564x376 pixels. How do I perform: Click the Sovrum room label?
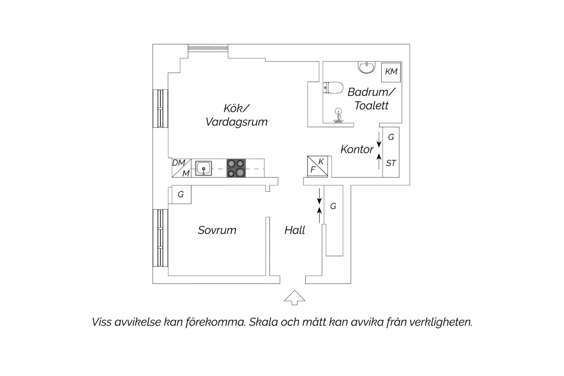pyautogui.click(x=217, y=230)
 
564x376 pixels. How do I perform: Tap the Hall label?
pyautogui.click(x=294, y=230)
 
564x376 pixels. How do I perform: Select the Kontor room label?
pyautogui.click(x=357, y=149)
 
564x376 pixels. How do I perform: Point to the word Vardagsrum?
pyautogui.click(x=237, y=122)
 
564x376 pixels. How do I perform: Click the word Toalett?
pyautogui.click(x=371, y=106)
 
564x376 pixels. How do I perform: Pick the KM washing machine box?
pyautogui.click(x=391, y=72)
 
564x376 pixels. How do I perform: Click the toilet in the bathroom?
pyautogui.click(x=333, y=88)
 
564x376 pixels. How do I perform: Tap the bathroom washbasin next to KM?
pyautogui.click(x=367, y=67)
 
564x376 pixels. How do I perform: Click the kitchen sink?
pyautogui.click(x=203, y=168)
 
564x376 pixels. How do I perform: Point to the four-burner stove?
pyautogui.click(x=236, y=168)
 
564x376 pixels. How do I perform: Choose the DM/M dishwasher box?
pyautogui.click(x=182, y=168)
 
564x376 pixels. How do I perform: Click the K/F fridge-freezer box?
pyautogui.click(x=317, y=166)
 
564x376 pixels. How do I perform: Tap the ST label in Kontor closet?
pyautogui.click(x=391, y=164)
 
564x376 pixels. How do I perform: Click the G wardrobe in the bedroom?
pyautogui.click(x=180, y=194)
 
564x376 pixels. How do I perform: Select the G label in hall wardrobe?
pyautogui.click(x=333, y=206)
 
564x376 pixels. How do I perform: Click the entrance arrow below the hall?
pyautogui.click(x=294, y=297)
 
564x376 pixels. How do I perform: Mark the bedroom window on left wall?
pyautogui.click(x=161, y=238)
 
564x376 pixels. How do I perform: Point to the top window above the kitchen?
pyautogui.click(x=208, y=48)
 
